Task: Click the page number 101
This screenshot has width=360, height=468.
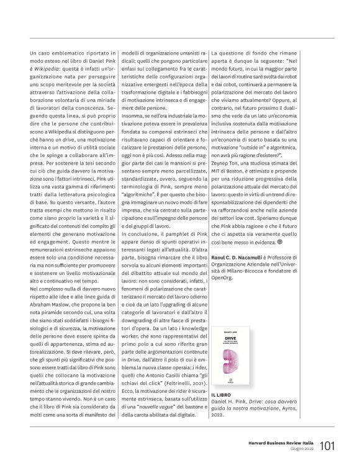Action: coord(328,445)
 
